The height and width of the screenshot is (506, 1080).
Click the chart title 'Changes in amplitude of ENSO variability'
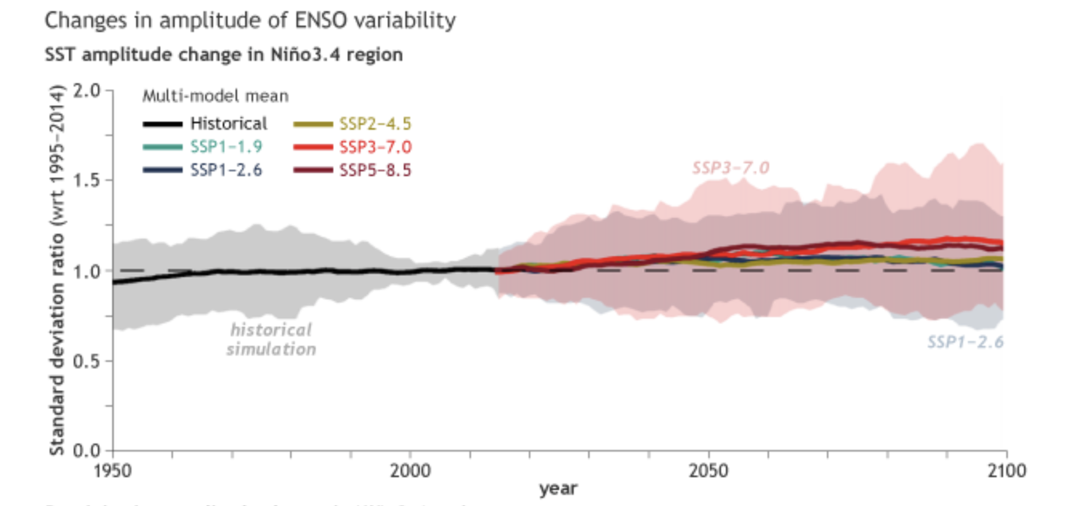pyautogui.click(x=250, y=20)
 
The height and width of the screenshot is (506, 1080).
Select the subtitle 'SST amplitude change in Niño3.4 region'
pyautogui.click(x=224, y=55)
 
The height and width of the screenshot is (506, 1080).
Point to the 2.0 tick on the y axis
pyautogui.click(x=90, y=90)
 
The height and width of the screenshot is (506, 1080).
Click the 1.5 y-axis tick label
pyautogui.click(x=90, y=180)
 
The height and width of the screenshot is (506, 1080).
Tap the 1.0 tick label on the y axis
pyautogui.click(x=90, y=271)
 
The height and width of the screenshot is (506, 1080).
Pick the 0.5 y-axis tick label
pyautogui.click(x=90, y=360)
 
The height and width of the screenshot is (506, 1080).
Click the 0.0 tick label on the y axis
pyautogui.click(x=90, y=451)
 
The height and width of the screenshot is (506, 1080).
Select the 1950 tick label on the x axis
pyautogui.click(x=112, y=470)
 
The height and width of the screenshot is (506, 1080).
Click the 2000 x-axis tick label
pyautogui.click(x=410, y=470)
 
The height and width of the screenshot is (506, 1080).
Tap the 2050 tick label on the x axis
pyautogui.click(x=708, y=470)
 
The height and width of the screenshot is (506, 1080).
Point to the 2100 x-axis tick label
pyautogui.click(x=1006, y=470)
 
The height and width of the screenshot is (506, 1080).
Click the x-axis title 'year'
pyautogui.click(x=558, y=488)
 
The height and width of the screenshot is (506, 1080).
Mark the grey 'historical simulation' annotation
pyautogui.click(x=271, y=339)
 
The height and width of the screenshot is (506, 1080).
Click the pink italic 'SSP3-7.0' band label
pyautogui.click(x=731, y=168)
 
